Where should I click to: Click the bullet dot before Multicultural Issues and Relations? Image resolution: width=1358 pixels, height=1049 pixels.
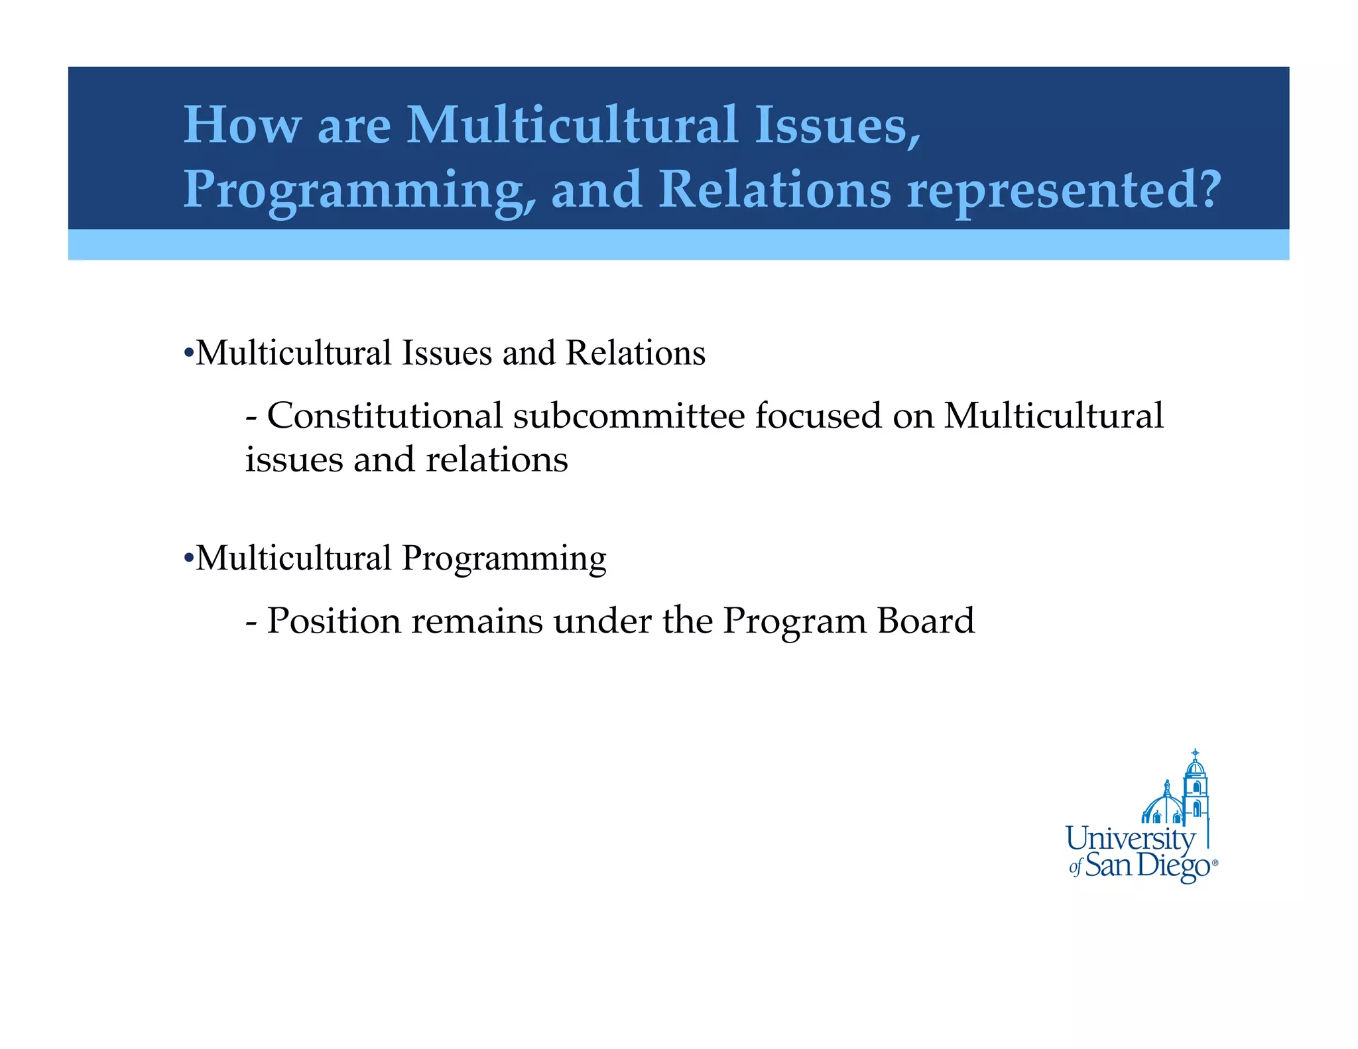[188, 353]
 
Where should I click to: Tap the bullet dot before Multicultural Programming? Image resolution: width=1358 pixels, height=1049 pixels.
[188, 558]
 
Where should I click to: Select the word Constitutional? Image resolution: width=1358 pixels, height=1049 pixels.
[385, 416]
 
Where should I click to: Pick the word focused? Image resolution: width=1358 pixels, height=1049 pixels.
[818, 416]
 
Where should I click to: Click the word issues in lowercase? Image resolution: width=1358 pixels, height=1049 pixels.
[294, 460]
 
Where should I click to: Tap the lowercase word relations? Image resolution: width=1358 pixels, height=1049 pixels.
[497, 460]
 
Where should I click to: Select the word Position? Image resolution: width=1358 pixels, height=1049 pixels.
[334, 621]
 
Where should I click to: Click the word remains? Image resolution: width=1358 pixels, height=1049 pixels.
[477, 621]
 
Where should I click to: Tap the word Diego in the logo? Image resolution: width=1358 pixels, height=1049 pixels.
[1174, 866]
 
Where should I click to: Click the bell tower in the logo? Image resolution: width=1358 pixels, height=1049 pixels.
[1196, 789]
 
